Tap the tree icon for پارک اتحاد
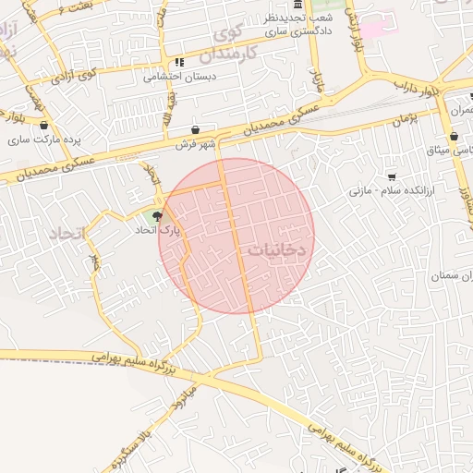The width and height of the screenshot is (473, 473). click(158, 217)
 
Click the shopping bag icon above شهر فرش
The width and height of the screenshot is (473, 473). click(196, 130)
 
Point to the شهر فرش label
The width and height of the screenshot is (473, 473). click(196, 144)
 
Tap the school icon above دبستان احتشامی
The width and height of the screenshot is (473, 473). click(179, 62)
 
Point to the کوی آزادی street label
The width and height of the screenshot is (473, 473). click(75, 74)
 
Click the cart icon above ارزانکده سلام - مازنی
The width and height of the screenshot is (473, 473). click(392, 176)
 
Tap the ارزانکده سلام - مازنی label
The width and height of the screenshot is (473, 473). click(386, 191)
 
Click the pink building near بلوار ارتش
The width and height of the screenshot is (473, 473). click(373, 26)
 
